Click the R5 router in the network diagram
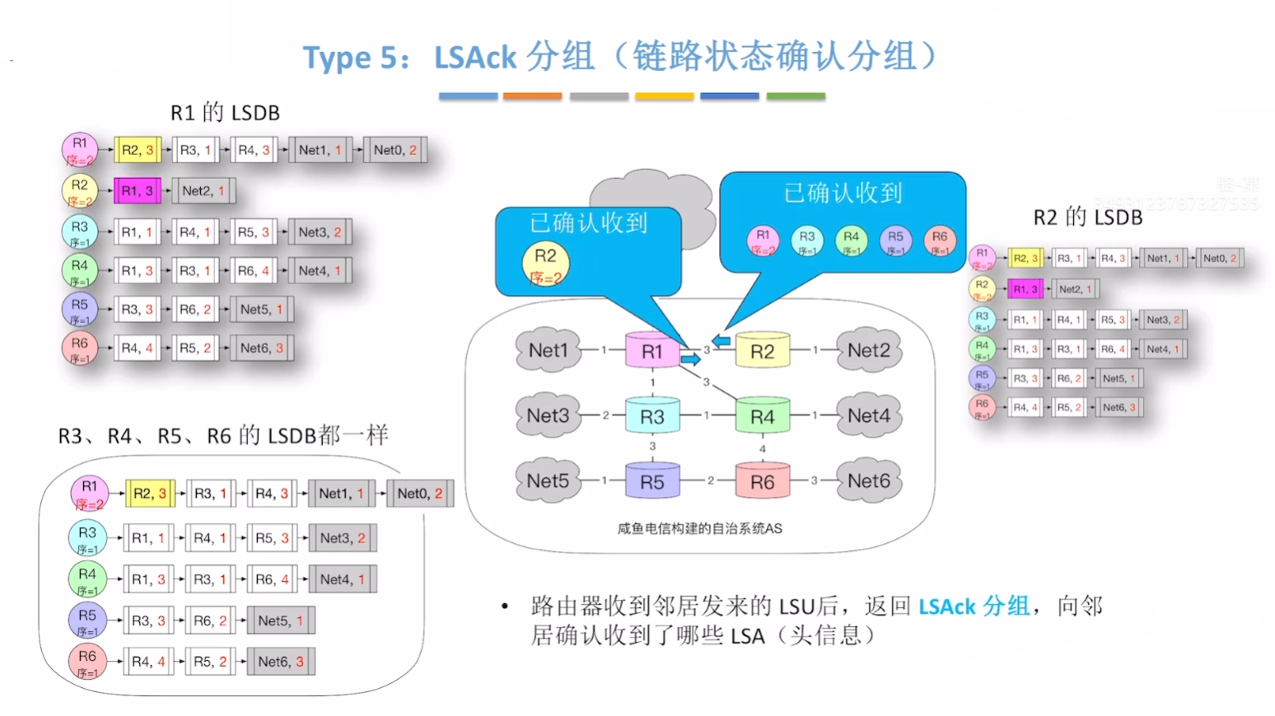(652, 482)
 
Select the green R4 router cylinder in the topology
(762, 417)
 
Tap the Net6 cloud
(869, 480)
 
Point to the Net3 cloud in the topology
(548, 415)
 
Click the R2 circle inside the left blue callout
(545, 263)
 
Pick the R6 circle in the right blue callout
(939, 241)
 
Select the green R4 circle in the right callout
(851, 241)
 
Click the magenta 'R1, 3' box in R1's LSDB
(137, 191)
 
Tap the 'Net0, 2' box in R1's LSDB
(395, 150)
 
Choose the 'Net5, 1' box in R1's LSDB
(261, 310)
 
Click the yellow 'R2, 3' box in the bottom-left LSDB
(149, 494)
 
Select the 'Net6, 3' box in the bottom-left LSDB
(281, 662)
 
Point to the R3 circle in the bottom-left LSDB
(87, 538)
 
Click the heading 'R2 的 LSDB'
(1087, 218)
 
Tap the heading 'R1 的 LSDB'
(225, 113)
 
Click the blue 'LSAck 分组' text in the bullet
(974, 606)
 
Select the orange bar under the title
(532, 96)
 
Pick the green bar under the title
(795, 96)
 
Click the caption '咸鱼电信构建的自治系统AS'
(699, 529)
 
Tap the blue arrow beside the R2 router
(722, 340)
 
